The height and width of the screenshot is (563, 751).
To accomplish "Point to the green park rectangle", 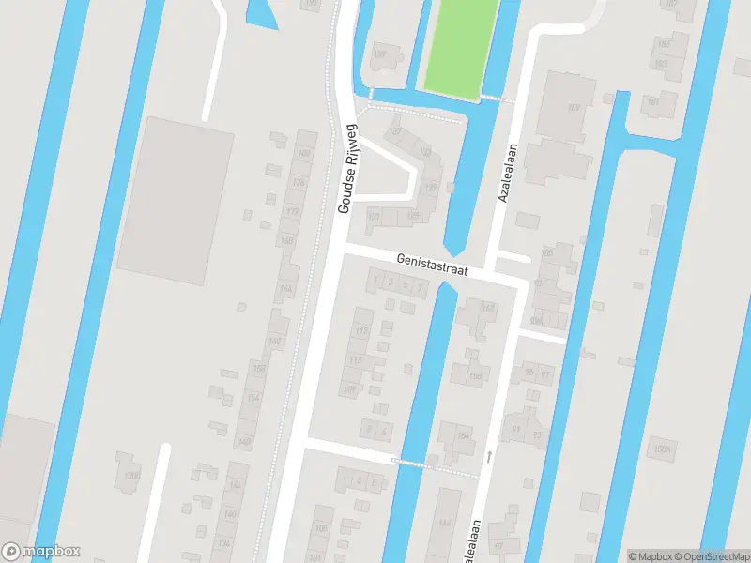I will (461, 47).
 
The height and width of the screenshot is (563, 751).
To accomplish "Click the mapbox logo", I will (41, 552).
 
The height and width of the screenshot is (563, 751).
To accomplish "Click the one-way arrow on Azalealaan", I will (489, 456).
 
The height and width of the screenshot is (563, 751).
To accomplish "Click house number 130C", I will (130, 476).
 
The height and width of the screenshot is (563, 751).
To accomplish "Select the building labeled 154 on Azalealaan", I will (462, 436).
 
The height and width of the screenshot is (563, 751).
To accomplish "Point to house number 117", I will (361, 331).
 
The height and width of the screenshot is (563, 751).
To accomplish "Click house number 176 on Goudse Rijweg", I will (299, 183).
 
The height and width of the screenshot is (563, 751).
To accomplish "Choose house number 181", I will (539, 283).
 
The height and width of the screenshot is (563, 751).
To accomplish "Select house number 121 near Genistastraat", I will (375, 217).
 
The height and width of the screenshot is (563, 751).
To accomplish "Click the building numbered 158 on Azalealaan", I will (475, 376).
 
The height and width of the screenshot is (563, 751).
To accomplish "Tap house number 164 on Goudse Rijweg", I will (285, 288).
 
